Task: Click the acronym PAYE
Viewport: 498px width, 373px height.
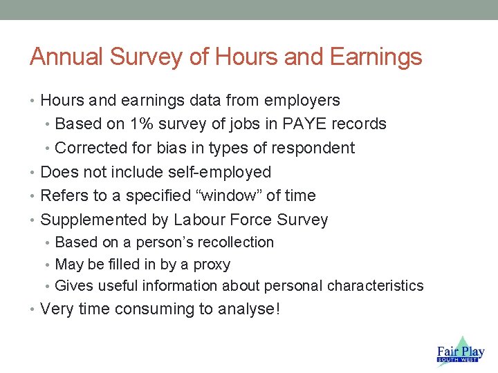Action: [308, 124]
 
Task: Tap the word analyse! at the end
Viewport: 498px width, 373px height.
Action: [248, 309]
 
